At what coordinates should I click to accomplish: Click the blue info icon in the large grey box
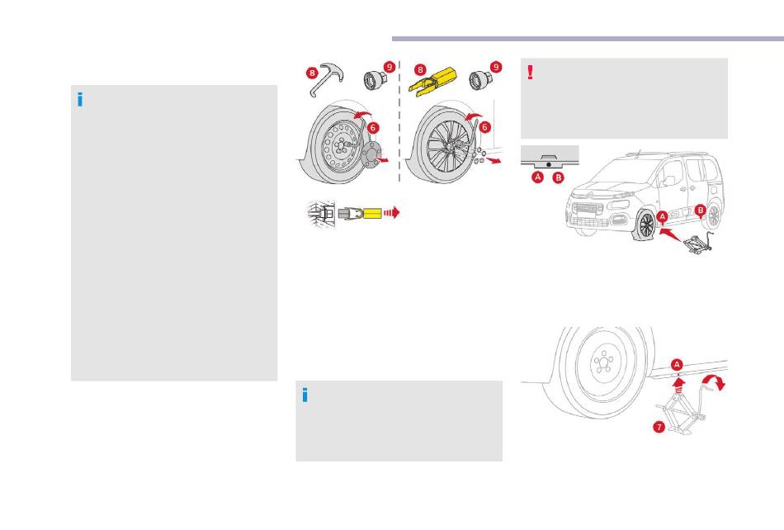80,100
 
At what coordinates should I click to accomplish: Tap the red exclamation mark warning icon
531,73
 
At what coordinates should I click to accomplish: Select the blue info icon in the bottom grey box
305,395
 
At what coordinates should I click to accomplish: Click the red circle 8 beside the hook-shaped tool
313,73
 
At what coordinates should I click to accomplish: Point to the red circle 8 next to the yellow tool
421,70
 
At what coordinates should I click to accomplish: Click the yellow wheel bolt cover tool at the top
434,81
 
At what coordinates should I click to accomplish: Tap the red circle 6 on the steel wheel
372,128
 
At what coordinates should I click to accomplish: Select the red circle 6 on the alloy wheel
484,128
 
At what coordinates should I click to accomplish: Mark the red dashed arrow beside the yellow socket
391,212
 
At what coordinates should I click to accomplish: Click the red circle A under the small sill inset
538,177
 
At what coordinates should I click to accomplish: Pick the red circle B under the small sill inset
558,177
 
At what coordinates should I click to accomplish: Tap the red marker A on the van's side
662,217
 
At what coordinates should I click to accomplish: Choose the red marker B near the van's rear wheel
701,211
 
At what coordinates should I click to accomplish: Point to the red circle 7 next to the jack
659,427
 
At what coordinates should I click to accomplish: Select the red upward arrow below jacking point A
678,386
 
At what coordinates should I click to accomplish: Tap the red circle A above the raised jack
677,365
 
